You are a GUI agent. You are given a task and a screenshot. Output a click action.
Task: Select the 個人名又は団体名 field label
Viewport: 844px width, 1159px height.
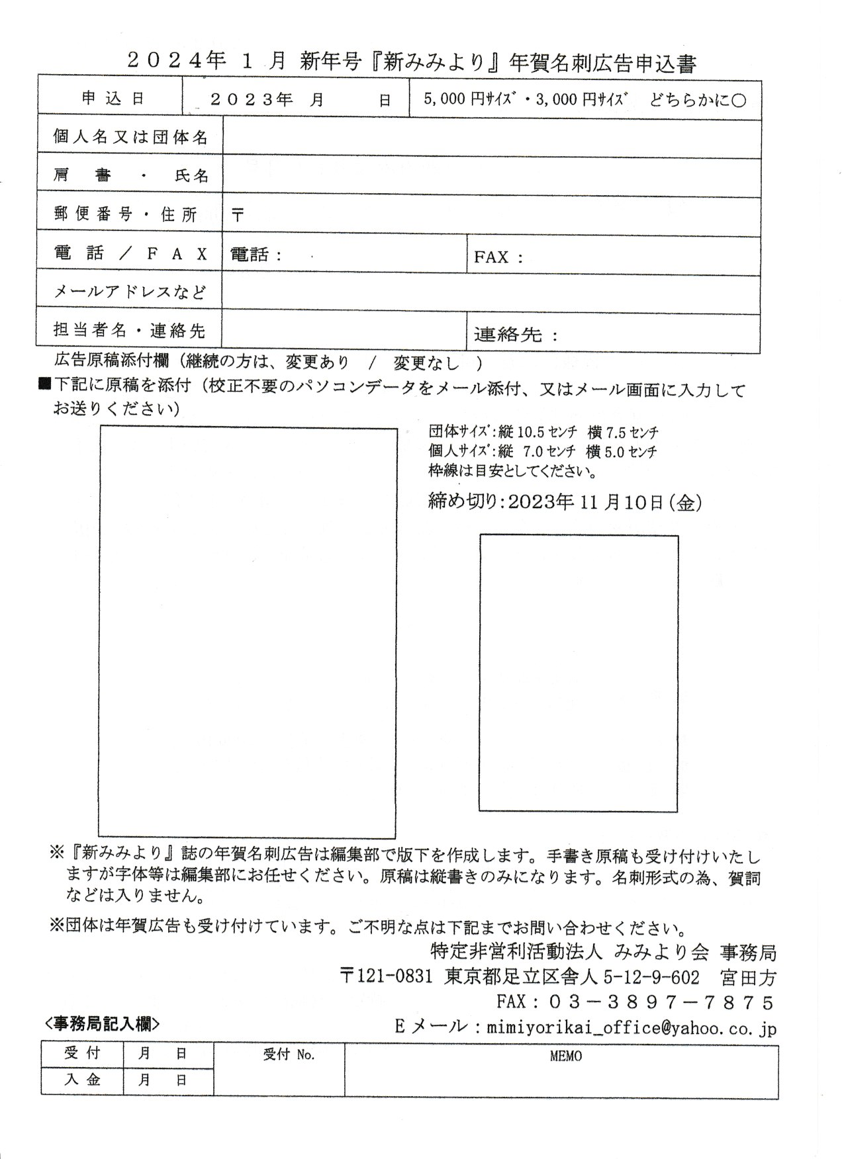click(130, 137)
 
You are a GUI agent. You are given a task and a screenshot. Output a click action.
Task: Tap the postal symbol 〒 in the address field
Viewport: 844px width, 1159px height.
click(238, 215)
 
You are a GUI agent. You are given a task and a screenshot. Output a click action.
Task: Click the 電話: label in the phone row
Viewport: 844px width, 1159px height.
click(256, 255)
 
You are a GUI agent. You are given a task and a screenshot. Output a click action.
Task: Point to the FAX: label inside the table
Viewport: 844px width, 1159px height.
click(498, 257)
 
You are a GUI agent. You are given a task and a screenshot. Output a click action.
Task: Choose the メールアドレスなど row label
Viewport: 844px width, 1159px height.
click(130, 291)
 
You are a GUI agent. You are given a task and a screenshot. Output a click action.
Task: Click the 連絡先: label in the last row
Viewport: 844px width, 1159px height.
click(516, 335)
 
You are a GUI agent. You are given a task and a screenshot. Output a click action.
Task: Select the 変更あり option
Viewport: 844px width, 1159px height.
click(317, 363)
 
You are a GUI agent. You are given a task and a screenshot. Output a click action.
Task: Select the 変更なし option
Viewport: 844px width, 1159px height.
click(426, 363)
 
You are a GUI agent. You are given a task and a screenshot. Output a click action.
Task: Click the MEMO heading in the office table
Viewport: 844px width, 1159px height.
click(566, 1056)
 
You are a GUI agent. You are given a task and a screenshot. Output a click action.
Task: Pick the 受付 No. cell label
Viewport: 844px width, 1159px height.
click(289, 1055)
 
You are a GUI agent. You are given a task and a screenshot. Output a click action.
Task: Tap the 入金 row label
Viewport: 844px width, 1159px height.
click(82, 1080)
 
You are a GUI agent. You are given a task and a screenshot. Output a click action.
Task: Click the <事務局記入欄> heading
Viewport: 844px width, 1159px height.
click(102, 1024)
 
